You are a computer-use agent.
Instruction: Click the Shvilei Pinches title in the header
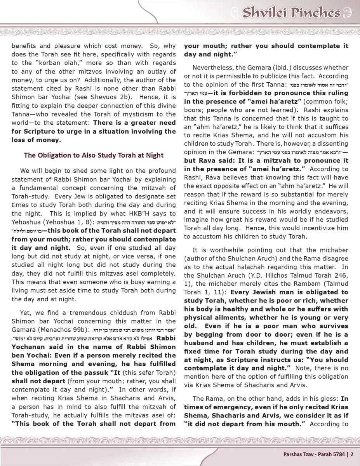click(x=291, y=13)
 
